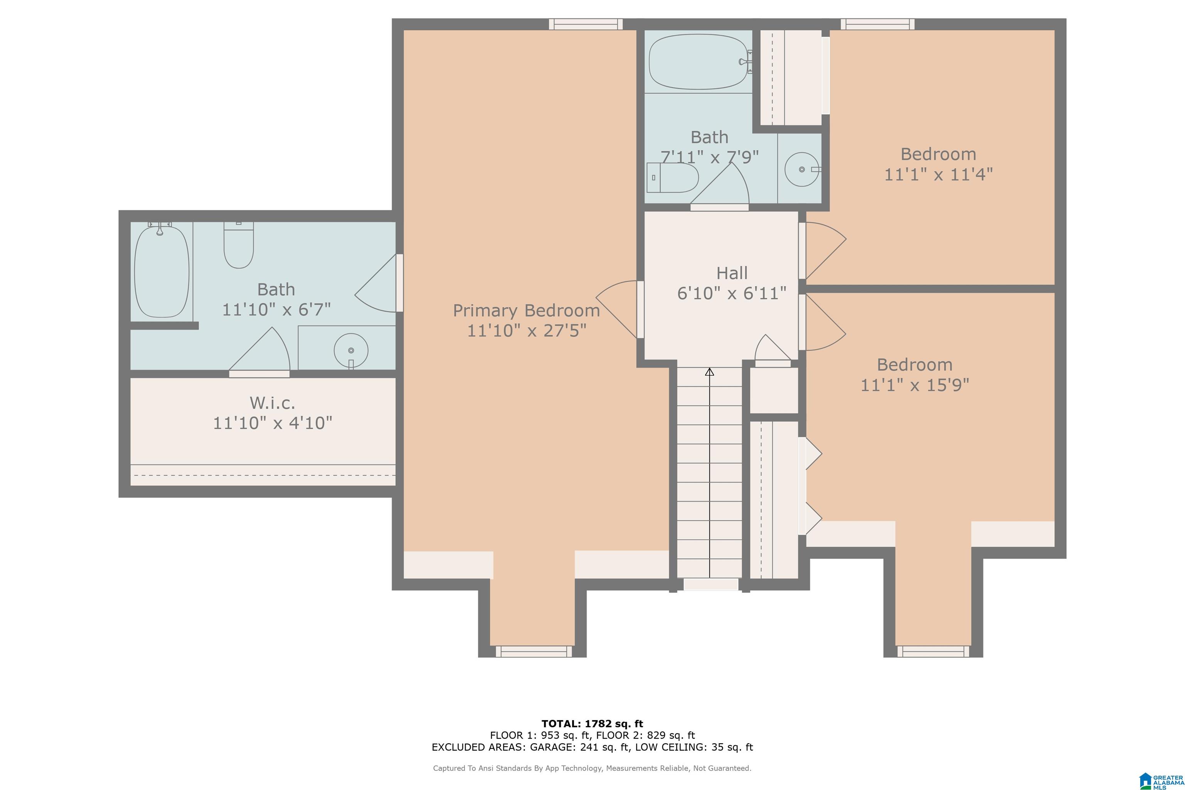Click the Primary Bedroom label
tap(527, 311)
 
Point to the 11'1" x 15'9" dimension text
tap(915, 385)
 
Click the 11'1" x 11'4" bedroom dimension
tap(938, 174)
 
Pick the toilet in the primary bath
tap(238, 245)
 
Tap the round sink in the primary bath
tap(351, 350)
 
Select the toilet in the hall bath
tap(672, 177)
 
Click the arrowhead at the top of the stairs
tap(709, 372)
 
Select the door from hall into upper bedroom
tap(822, 251)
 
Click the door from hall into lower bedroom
tap(822, 322)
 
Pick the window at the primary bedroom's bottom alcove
tap(533, 652)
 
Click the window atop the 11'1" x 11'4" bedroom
tap(877, 24)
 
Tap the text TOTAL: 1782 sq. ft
tap(592, 724)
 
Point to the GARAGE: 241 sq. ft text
tap(580, 747)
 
